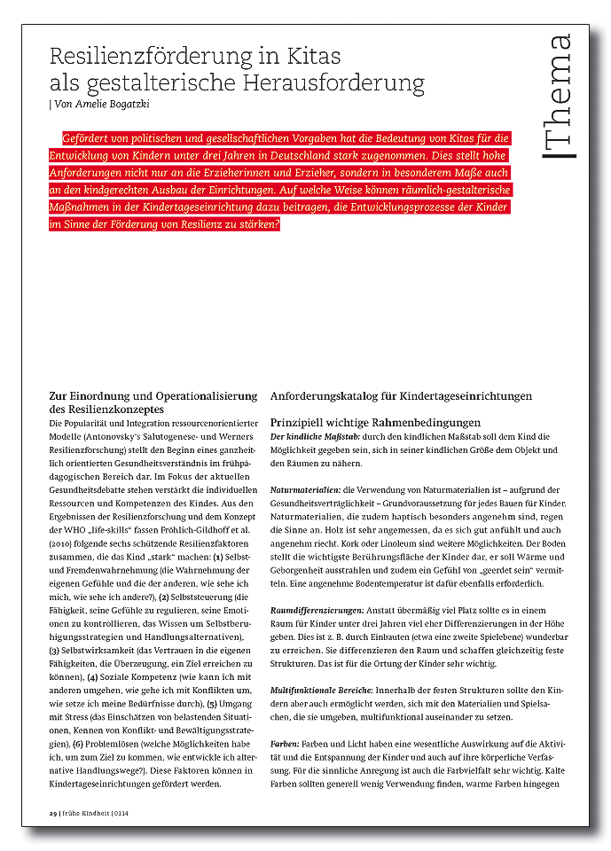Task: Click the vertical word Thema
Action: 559,97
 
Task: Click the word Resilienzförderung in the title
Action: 137,57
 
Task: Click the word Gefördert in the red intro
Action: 90,139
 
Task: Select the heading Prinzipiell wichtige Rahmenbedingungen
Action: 375,423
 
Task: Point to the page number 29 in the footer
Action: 52,813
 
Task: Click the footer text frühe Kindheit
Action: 87,813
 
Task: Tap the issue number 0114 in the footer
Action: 121,813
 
